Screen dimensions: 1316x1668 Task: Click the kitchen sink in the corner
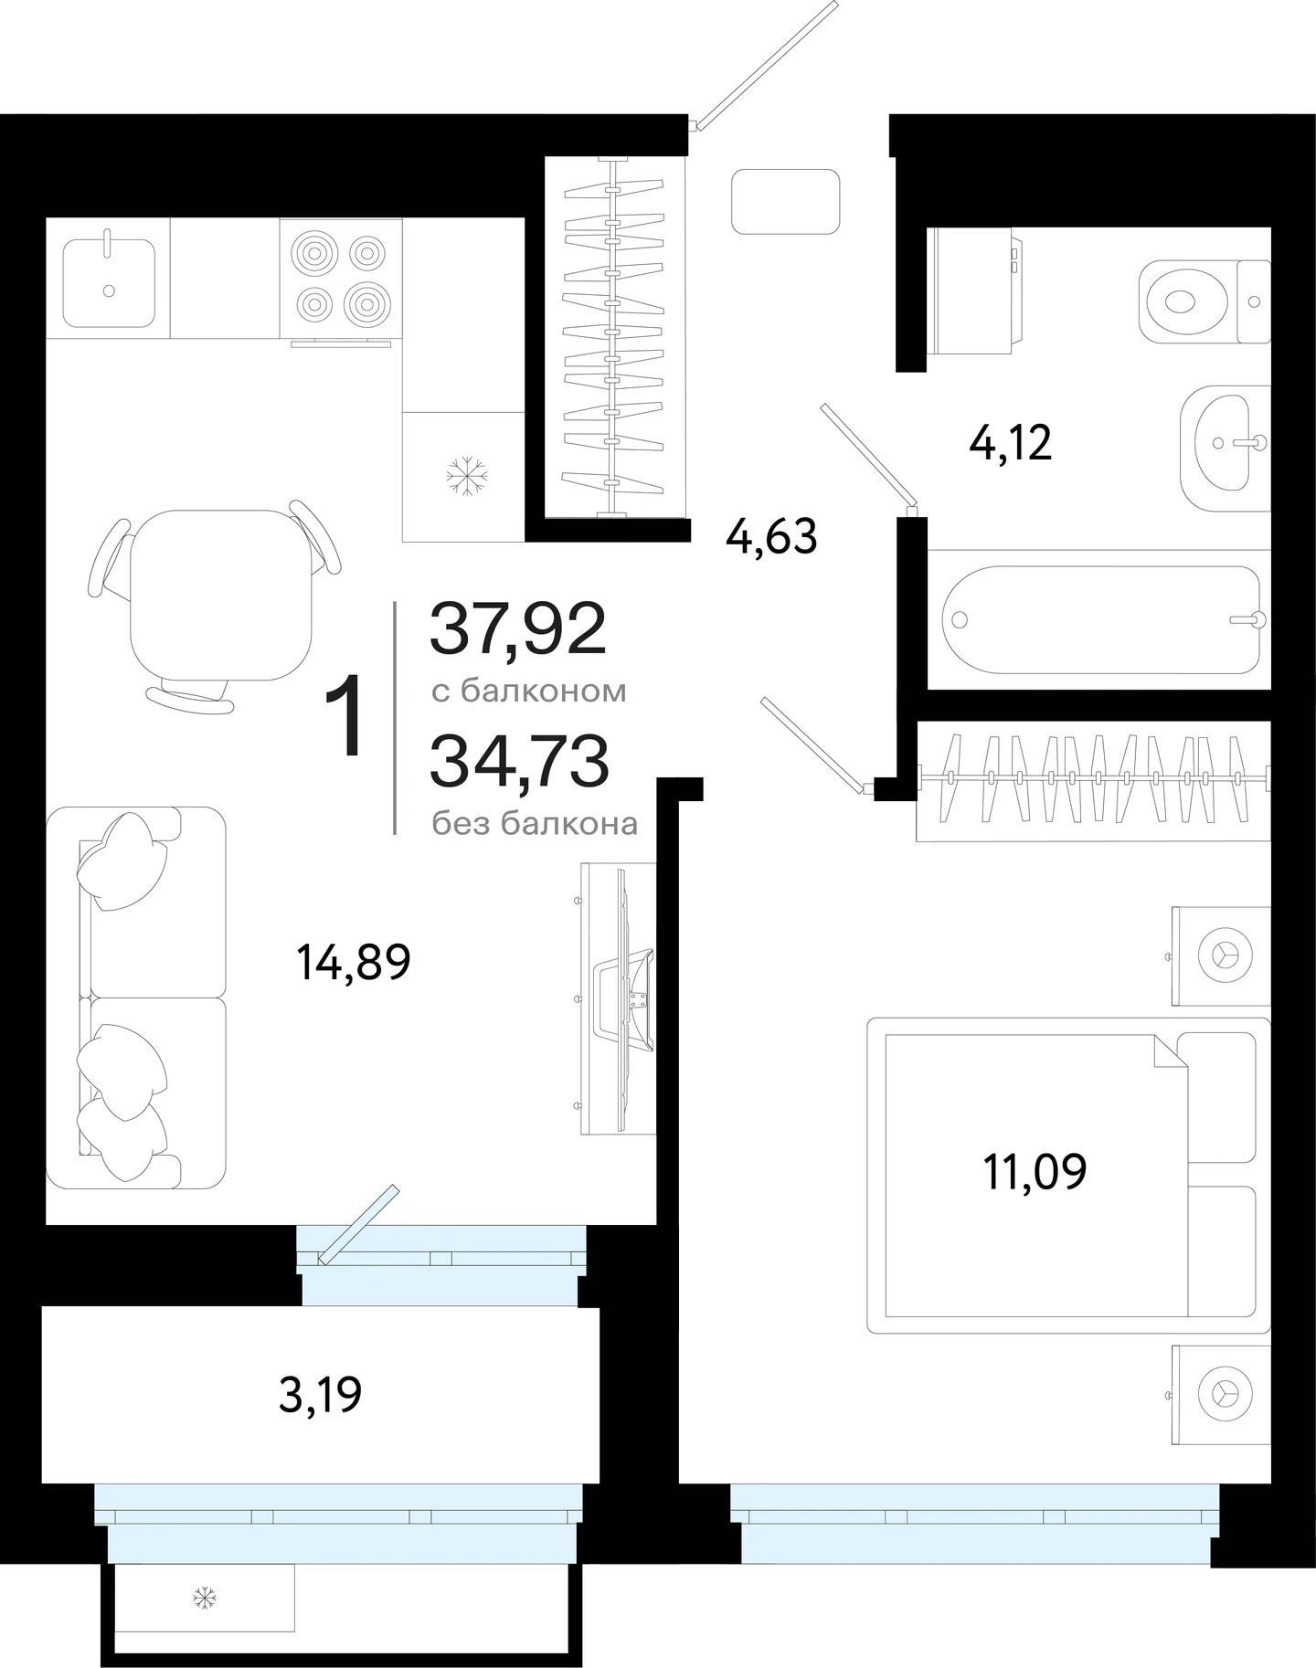pyautogui.click(x=109, y=282)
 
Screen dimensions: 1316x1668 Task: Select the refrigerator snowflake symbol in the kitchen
pyautogui.click(x=466, y=476)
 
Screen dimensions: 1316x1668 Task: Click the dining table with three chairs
pyautogui.click(x=214, y=607)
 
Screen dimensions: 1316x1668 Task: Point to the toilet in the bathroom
pyautogui.click(x=1205, y=301)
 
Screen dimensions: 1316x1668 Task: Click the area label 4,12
pyautogui.click(x=1010, y=443)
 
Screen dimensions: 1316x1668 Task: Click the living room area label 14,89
pyautogui.click(x=354, y=962)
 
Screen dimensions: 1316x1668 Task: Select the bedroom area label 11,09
pyautogui.click(x=1035, y=1172)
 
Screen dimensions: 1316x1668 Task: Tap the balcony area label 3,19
pyautogui.click(x=320, y=1395)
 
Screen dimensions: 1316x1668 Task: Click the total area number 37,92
pyautogui.click(x=518, y=629)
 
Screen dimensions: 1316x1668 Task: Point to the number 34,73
pyautogui.click(x=519, y=762)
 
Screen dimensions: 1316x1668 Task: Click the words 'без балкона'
pyautogui.click(x=535, y=824)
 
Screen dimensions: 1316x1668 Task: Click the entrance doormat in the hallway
pyautogui.click(x=786, y=201)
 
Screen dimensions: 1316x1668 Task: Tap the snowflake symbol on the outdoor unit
pyautogui.click(x=204, y=1598)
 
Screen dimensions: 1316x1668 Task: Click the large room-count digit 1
pyautogui.click(x=345, y=717)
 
